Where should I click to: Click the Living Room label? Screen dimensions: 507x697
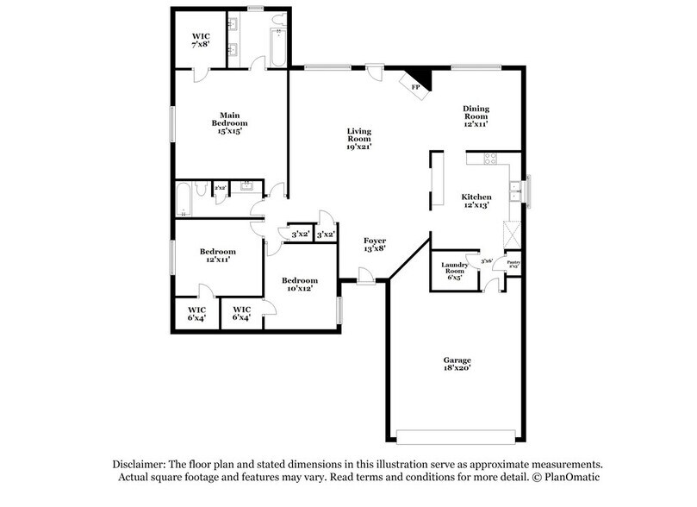coord(358,138)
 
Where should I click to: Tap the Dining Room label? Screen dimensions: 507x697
coord(476,116)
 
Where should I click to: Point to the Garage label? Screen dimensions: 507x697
coord(457,364)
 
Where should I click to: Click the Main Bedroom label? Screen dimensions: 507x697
coord(229,122)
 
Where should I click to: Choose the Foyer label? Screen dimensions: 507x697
coord(374,244)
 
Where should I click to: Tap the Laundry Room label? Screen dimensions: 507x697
coord(454,270)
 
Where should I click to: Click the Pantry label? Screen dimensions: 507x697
coord(513,265)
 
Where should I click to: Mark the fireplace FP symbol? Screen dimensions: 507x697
coord(415,87)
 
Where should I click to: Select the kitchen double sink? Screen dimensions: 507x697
coord(514,191)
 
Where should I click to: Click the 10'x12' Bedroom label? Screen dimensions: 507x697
coord(300,285)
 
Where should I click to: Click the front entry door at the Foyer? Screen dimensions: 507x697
coord(364,276)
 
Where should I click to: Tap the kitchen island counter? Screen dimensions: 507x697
coord(437,180)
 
